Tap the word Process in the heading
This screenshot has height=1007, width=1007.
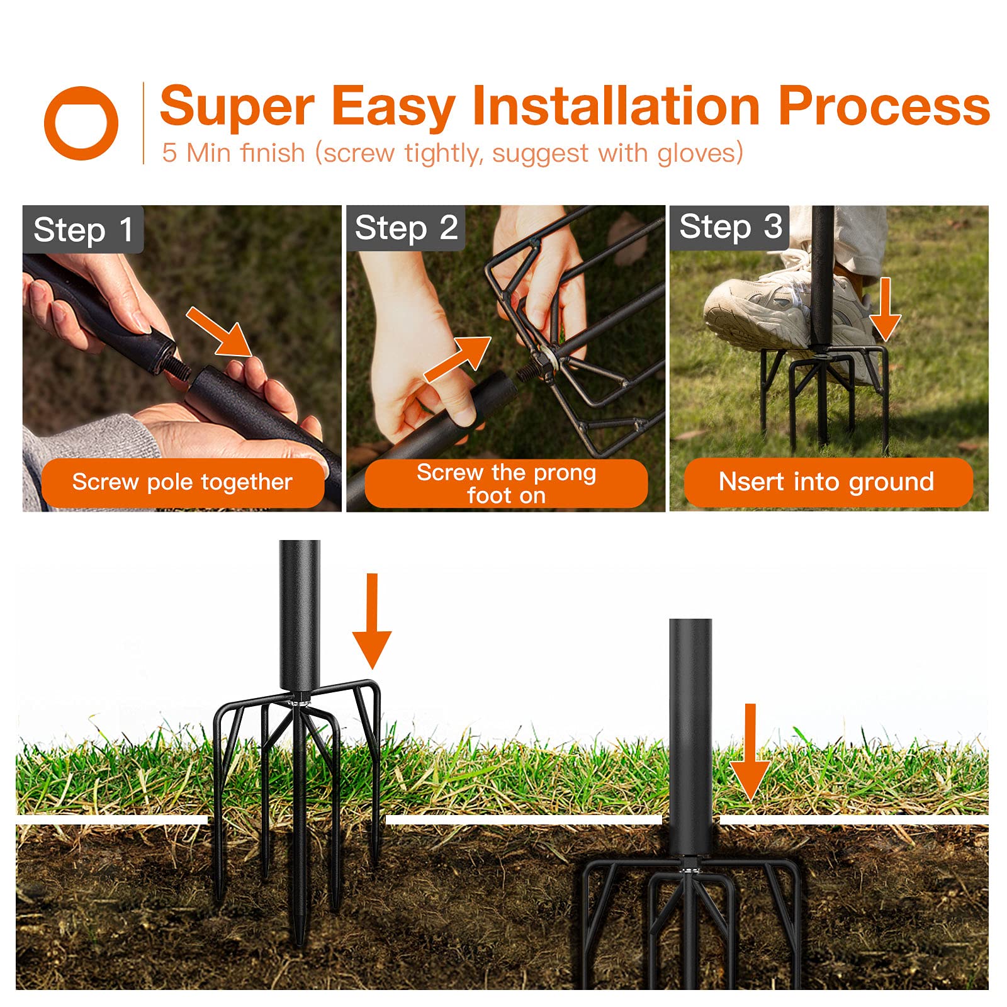coord(884,106)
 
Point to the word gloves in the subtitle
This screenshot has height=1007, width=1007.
coord(700,153)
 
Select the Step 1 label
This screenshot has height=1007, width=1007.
coord(83,229)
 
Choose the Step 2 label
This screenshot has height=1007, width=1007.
coord(406,228)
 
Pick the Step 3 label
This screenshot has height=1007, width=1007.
coord(730,227)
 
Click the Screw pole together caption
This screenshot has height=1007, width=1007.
coord(183,482)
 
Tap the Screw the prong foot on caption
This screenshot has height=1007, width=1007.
coord(506,483)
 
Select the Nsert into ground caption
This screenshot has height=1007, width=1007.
coord(827,482)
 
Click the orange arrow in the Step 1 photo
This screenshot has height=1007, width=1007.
coord(220,332)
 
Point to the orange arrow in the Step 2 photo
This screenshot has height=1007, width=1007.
coord(458,359)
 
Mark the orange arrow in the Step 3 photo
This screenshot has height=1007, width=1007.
coord(886,309)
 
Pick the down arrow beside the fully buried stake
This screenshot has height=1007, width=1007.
coord(750,752)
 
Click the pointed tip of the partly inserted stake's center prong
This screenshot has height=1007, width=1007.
coord(300,942)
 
